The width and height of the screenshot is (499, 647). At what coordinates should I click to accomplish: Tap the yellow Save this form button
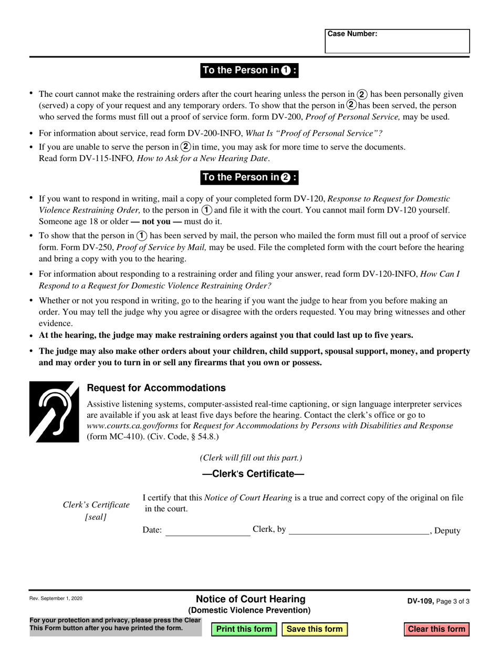click(315, 629)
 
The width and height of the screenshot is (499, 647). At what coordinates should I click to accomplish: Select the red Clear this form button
click(436, 629)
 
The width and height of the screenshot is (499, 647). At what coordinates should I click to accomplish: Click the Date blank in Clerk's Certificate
click(207, 531)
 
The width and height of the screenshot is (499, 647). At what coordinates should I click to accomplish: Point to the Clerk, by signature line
click(359, 531)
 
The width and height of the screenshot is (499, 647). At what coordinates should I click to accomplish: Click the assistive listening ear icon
click(54, 411)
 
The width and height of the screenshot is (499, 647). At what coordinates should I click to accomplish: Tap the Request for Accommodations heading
click(156, 388)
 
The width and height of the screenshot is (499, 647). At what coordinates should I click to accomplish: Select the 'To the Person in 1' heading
click(250, 70)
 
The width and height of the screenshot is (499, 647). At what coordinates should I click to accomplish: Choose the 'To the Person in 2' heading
click(250, 177)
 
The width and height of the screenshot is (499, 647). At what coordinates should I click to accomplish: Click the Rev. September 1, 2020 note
click(56, 599)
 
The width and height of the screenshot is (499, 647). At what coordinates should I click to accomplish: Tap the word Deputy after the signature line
click(448, 531)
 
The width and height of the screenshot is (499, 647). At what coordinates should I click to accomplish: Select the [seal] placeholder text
click(96, 517)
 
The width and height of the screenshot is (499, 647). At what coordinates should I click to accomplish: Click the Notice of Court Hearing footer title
click(250, 599)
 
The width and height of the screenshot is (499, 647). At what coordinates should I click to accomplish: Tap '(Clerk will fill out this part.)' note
click(251, 458)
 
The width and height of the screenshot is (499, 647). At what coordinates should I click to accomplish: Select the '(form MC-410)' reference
click(109, 437)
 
